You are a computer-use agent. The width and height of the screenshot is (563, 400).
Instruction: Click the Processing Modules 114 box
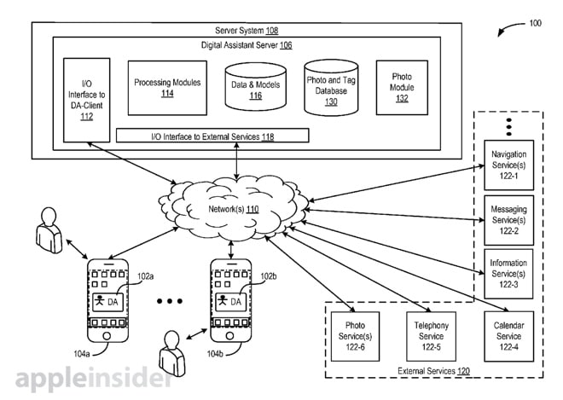point(167,87)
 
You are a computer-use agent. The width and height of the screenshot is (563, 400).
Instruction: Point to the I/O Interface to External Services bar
point(212,136)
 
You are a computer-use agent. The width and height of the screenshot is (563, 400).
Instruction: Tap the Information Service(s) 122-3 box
point(508,272)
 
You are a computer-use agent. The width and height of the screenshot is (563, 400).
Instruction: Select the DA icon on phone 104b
point(230,301)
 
